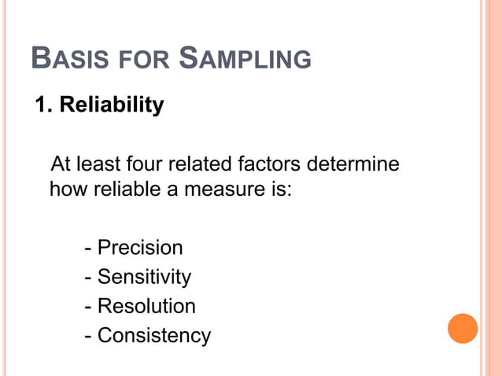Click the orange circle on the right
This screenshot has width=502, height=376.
(x=463, y=328)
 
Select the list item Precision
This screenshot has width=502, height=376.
(x=139, y=248)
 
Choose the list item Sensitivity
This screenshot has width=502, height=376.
(x=143, y=277)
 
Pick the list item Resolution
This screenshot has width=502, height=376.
(x=146, y=306)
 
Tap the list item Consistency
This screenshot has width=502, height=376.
(x=153, y=336)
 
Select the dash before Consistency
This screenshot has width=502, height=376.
(x=88, y=337)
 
